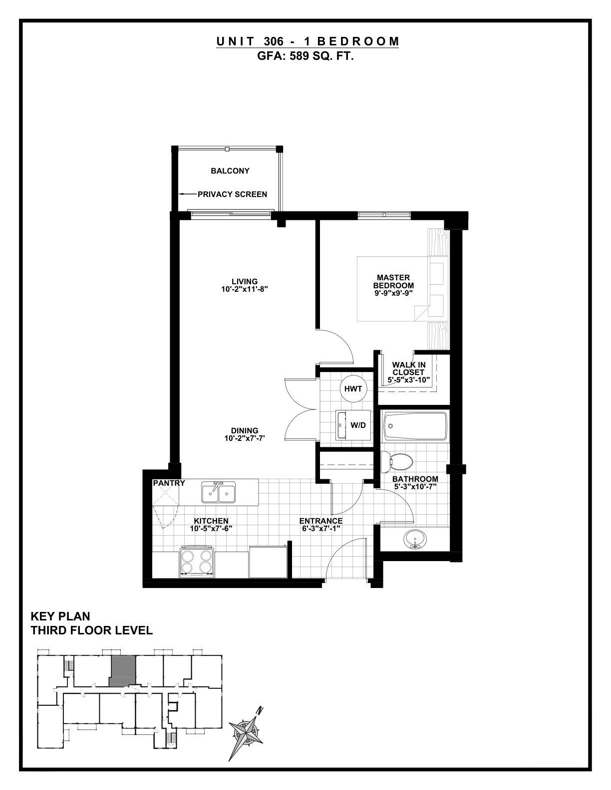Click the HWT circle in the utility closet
[353, 389]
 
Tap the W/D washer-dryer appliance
[353, 424]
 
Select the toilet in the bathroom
[397, 462]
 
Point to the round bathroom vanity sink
[415, 539]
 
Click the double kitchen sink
[219, 492]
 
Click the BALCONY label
[230, 171]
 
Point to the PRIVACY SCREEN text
[232, 194]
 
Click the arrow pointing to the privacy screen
[187, 194]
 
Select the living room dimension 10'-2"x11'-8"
[245, 289]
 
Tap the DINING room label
[245, 431]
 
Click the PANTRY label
[169, 483]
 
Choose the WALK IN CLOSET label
[409, 368]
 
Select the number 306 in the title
[274, 41]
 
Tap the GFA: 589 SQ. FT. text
[305, 56]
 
